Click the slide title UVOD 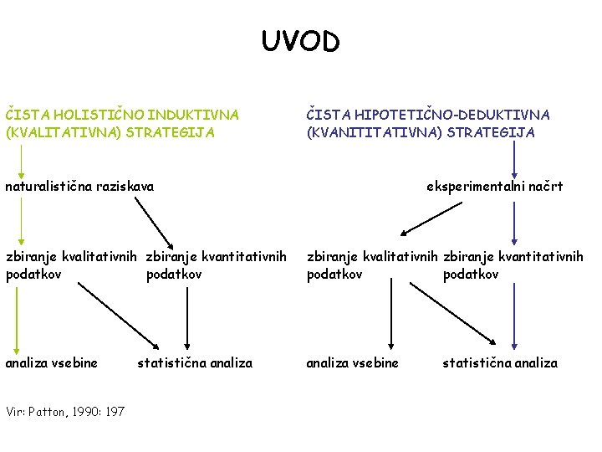301,41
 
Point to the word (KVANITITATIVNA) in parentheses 365,132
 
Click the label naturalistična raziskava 79,186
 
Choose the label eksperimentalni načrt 494,186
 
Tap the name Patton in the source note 52,411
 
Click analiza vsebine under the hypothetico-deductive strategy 352,362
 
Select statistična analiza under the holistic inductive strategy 194,362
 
